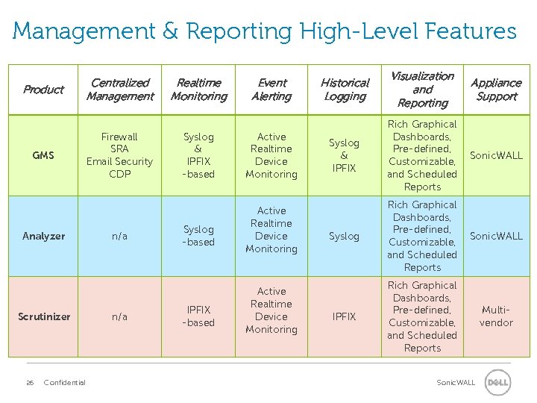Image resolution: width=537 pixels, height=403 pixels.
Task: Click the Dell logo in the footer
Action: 497,383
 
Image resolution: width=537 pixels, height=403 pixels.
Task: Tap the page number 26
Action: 30,383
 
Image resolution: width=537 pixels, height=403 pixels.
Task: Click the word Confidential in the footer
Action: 65,383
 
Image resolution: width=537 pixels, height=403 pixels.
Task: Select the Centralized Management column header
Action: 119,90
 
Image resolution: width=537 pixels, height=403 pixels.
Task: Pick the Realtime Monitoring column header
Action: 198,90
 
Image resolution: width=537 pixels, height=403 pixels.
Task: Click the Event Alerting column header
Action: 271,90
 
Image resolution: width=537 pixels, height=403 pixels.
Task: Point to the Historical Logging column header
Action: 345,90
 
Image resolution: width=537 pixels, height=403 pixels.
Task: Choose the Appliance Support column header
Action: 496,90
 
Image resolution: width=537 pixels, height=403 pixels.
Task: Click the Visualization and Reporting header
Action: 422,90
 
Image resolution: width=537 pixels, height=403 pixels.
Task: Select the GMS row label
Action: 43,155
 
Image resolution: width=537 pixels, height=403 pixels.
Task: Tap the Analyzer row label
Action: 43,236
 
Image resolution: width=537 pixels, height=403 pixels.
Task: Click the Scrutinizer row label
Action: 44,316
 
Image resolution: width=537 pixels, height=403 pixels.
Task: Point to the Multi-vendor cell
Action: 496,316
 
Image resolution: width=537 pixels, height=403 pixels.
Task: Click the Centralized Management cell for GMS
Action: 119,155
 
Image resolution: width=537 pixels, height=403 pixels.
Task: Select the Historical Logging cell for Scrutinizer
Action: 344,316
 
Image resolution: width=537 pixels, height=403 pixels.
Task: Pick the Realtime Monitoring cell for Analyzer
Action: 198,236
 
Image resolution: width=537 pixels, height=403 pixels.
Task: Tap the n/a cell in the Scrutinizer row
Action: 119,316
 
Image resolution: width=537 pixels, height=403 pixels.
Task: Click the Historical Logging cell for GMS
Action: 344,155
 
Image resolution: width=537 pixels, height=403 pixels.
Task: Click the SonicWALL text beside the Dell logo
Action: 456,383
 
